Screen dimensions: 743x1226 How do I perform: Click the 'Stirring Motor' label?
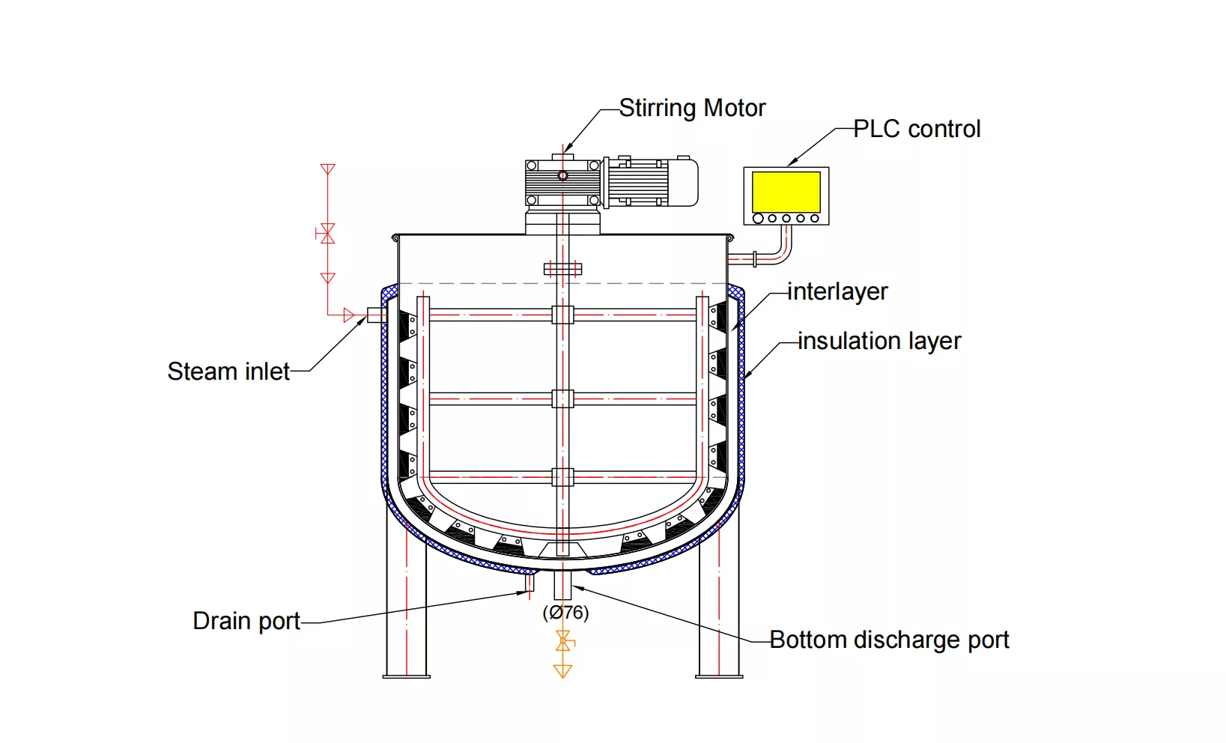click(x=692, y=109)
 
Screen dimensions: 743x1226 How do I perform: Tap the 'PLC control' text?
click(x=917, y=130)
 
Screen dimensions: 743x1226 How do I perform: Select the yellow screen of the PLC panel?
click(x=786, y=192)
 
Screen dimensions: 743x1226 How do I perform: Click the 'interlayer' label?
click(x=837, y=291)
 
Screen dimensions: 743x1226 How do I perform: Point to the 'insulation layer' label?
click(x=879, y=342)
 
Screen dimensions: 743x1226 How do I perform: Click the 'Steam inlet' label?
click(x=228, y=371)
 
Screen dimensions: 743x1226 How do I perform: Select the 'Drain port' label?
click(x=246, y=621)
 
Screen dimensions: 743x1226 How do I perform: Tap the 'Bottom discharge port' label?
click(x=889, y=640)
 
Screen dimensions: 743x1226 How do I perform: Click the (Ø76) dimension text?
click(x=565, y=613)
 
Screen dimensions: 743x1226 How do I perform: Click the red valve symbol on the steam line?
click(x=327, y=234)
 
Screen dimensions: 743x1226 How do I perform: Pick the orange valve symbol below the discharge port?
click(x=563, y=640)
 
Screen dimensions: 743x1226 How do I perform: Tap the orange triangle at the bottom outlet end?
click(x=562, y=670)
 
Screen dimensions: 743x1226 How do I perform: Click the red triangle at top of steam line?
click(x=327, y=169)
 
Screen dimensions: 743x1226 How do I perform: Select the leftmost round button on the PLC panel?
click(x=758, y=219)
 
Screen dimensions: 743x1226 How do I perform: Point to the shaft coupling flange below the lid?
click(x=562, y=268)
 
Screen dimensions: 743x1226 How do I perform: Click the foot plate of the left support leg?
click(x=407, y=676)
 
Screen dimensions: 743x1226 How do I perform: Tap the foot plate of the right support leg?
click(x=719, y=676)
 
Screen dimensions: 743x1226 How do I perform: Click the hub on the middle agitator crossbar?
click(x=562, y=398)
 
